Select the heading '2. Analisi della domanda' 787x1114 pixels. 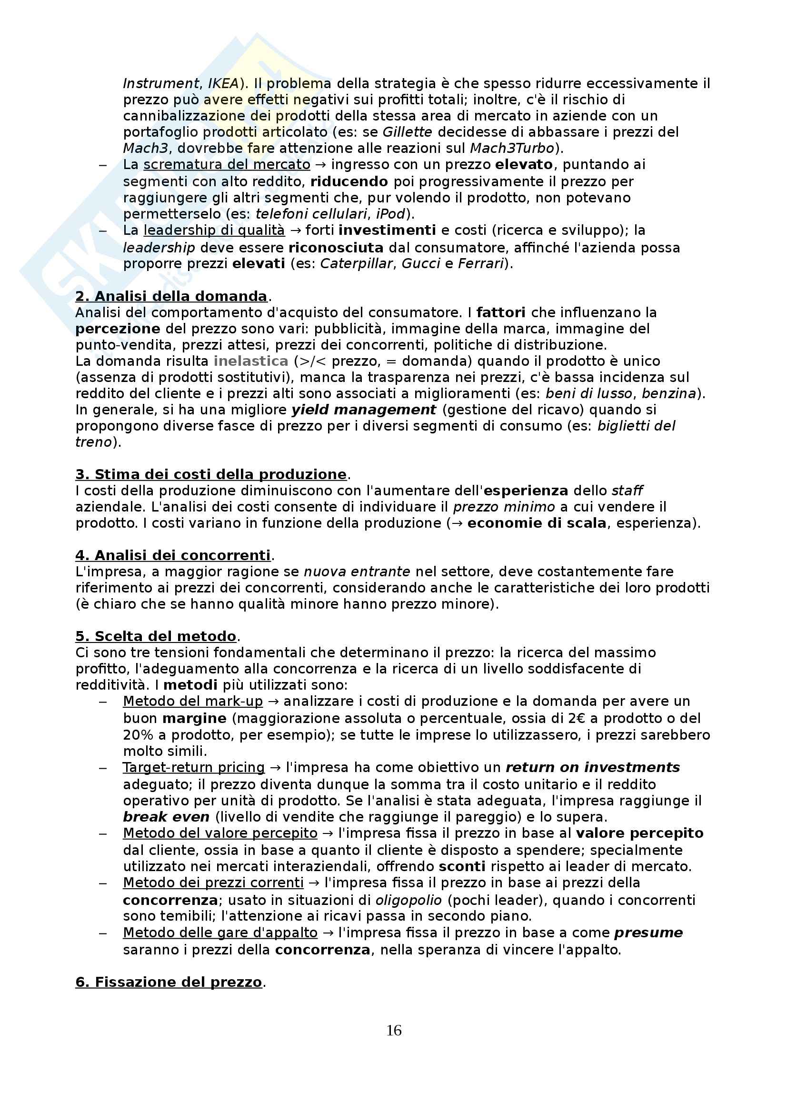171,296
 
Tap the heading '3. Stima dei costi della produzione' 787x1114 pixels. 211,474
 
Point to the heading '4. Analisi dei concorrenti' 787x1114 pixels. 173,555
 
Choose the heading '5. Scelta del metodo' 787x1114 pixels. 156,636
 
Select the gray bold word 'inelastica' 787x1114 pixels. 251,361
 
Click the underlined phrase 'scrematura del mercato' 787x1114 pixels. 227,164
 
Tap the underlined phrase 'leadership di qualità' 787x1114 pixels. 214,230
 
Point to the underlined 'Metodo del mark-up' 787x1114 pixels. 192,701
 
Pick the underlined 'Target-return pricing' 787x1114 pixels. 193,767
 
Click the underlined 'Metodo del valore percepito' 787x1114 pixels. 220,833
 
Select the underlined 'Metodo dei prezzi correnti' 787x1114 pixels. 213,883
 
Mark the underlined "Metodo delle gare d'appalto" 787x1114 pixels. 220,933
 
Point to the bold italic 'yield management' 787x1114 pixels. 363,410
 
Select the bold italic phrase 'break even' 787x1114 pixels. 166,817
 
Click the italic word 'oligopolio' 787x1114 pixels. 408,900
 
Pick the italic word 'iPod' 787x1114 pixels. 390,213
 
